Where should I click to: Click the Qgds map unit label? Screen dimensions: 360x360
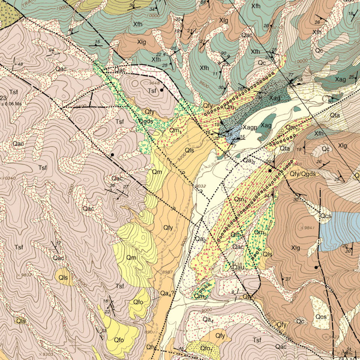pyautogui.click(x=145, y=121)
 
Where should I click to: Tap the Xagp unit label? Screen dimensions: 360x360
pyautogui.click(x=250, y=127)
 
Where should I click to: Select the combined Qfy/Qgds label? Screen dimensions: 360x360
pyautogui.click(x=303, y=174)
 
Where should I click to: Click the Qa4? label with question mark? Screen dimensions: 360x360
pyautogui.click(x=167, y=293)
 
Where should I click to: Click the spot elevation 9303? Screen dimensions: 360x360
pyautogui.click(x=47, y=354)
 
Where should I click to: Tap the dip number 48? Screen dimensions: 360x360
pyautogui.click(x=20, y=64)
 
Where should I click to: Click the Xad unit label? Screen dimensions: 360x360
pyautogui.click(x=275, y=98)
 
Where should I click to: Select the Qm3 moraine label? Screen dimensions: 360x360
pyautogui.click(x=260, y=232)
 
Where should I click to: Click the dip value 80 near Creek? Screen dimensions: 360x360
pyautogui.click(x=330, y=102)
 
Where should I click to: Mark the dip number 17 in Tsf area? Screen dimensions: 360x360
pyautogui.click(x=58, y=244)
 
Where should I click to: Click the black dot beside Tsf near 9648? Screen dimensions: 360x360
pyautogui.click(x=162, y=90)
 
